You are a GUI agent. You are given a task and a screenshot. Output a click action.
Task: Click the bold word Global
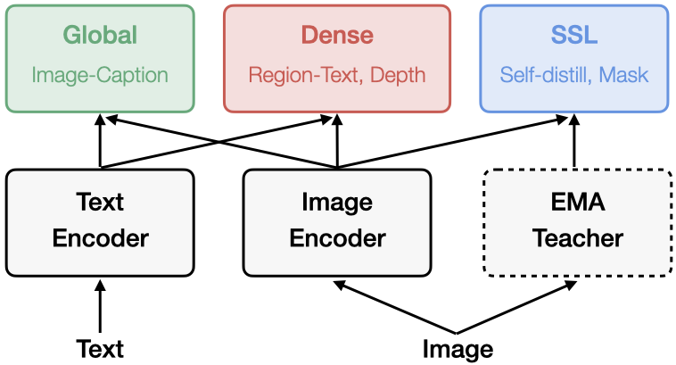pos(100,35)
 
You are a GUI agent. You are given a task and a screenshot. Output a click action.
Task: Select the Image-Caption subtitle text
pos(100,75)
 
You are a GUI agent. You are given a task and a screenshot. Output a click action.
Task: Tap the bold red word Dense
pos(337,35)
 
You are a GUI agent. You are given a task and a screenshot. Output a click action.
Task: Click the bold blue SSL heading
pos(574,35)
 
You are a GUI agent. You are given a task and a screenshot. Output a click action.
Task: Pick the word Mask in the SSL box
pos(624,75)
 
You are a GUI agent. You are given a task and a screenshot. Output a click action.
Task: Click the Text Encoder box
pos(100,221)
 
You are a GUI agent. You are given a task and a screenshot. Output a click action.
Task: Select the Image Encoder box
pos(337,221)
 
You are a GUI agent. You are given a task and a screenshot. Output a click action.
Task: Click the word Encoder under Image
pos(337,239)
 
